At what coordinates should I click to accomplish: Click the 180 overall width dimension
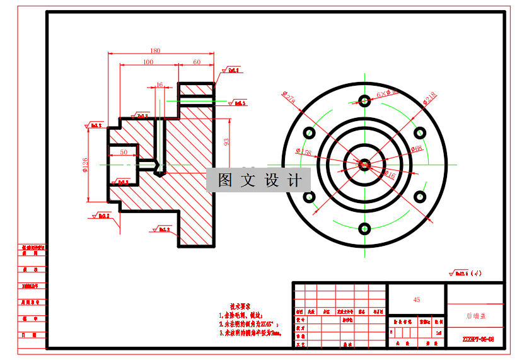click(155, 51)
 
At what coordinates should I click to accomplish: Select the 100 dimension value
click(148, 62)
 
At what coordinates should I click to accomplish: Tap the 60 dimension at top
click(197, 62)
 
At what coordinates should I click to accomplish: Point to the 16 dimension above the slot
click(159, 84)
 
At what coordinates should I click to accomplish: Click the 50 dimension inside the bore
click(124, 152)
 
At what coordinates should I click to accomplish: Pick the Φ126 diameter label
click(84, 165)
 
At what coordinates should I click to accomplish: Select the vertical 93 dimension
click(227, 142)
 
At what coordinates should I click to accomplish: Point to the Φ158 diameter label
click(303, 153)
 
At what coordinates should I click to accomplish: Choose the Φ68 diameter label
click(416, 149)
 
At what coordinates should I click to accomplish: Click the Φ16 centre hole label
click(390, 174)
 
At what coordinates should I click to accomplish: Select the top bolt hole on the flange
click(364, 100)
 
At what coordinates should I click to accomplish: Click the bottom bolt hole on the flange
click(364, 228)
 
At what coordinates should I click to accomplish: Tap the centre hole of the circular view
click(364, 165)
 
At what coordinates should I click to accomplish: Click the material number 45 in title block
click(416, 299)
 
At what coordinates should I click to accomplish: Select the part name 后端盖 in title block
click(475, 315)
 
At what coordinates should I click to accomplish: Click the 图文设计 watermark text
click(259, 180)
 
